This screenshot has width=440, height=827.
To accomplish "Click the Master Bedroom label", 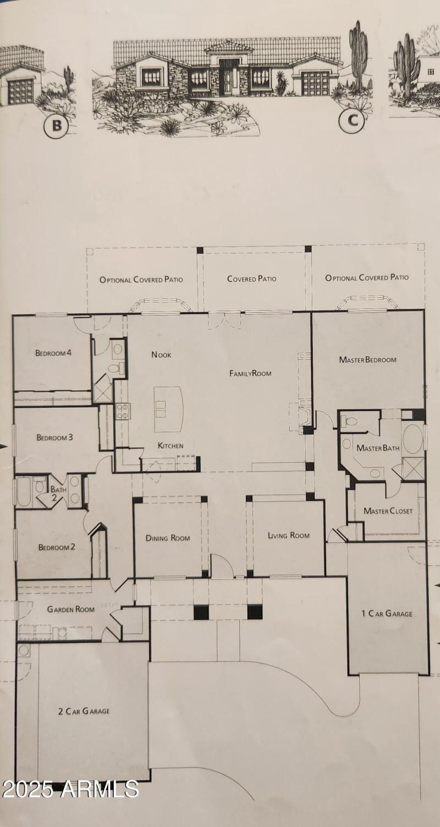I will (367, 360).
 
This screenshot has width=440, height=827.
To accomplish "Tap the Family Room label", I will (250, 374).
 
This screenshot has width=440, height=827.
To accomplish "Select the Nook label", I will (161, 355).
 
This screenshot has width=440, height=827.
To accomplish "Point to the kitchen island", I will (168, 409).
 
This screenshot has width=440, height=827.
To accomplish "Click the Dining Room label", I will (168, 538).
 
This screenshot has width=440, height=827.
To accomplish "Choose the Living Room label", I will (288, 535).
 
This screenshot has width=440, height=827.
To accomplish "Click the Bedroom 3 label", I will (55, 438).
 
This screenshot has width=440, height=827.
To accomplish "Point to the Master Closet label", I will (388, 511).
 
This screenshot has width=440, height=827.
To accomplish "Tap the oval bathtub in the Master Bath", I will (413, 438).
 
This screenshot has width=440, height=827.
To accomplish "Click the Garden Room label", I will (70, 609).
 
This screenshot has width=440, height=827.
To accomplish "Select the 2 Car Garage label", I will (84, 711).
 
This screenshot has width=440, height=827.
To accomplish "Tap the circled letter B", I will (56, 126).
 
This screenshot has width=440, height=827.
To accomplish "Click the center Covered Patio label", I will (251, 279).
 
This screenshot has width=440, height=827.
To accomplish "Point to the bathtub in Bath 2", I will (25, 492).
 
